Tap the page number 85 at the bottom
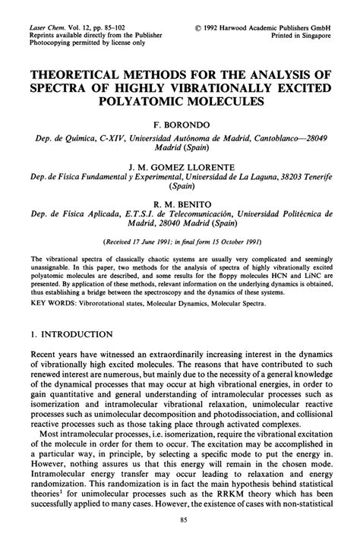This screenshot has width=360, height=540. click(180, 519)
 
